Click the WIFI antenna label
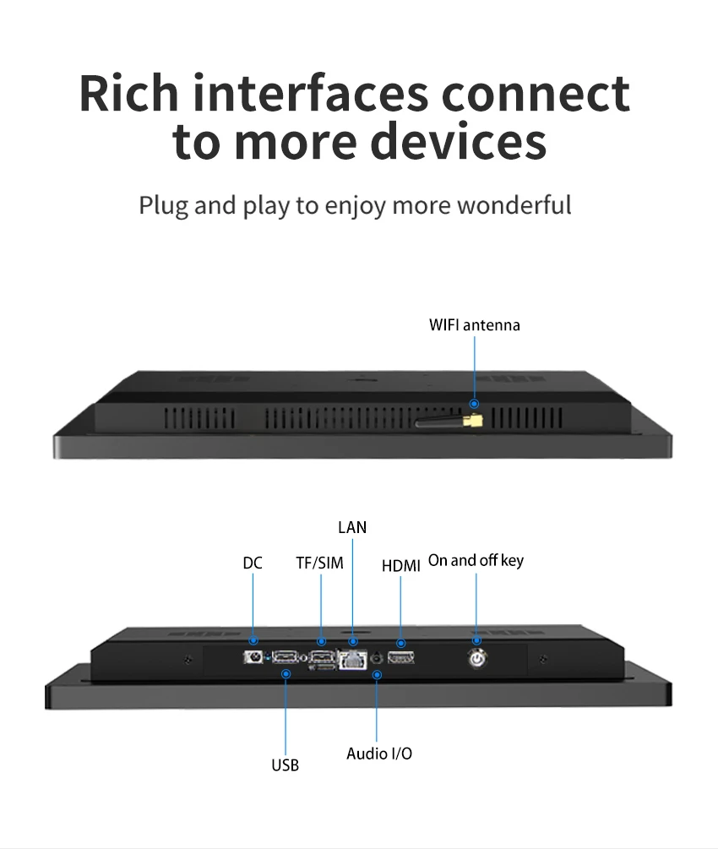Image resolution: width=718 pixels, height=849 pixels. (475, 325)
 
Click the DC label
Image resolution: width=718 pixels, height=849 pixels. (253, 563)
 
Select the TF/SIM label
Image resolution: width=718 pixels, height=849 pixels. (319, 563)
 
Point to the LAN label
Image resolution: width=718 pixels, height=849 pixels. (352, 527)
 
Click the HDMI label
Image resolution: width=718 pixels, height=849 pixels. (400, 566)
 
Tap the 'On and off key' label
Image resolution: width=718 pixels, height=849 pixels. (476, 560)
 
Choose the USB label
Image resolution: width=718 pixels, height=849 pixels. (285, 765)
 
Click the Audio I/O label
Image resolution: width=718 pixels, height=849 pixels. (379, 754)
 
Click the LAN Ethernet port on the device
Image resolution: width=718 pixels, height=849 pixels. (352, 660)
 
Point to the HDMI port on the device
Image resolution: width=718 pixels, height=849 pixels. (400, 658)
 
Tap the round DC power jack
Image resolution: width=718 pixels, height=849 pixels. (253, 657)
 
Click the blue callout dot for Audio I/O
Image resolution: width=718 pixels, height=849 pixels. (377, 675)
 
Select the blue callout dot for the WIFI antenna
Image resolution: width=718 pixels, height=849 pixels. (475, 404)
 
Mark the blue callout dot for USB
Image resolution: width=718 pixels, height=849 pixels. (286, 673)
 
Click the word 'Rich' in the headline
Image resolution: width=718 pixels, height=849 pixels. (129, 93)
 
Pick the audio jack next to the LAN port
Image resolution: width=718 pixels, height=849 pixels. (378, 658)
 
